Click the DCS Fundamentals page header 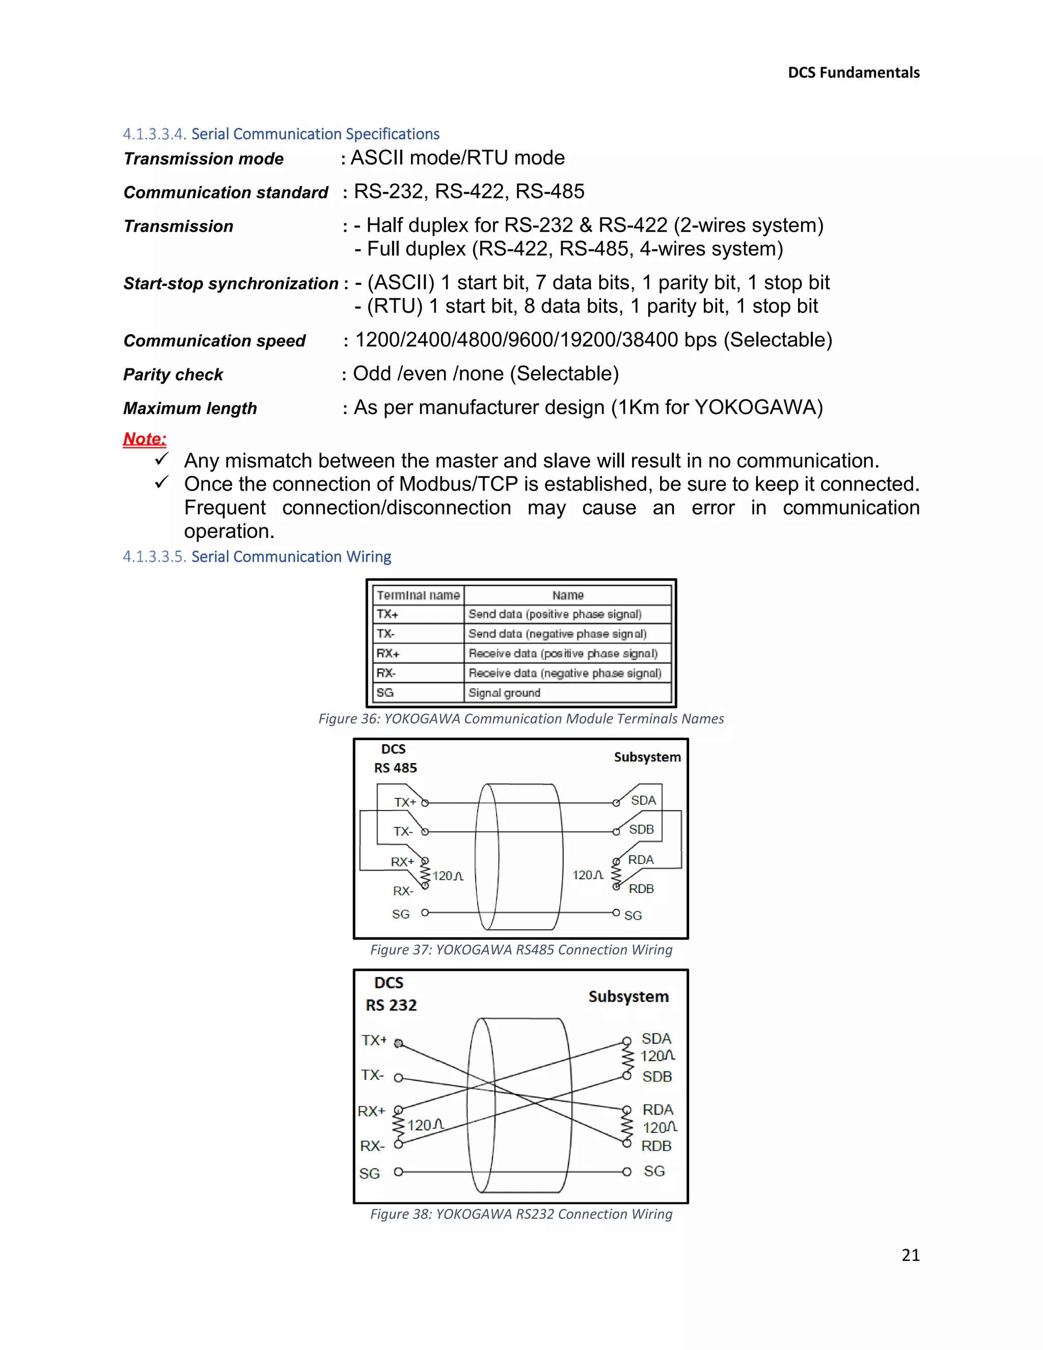coord(854,73)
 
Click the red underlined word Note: coord(145,439)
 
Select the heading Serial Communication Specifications coord(315,134)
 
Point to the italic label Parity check coord(173,374)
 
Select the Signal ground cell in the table coord(504,693)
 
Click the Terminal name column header coord(418,595)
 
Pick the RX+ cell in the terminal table coord(388,654)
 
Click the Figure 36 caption coord(521,719)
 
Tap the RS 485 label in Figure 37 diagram coord(395,768)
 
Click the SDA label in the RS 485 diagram coord(643,800)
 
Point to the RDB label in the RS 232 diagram coord(656,1146)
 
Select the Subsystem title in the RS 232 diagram coord(628,997)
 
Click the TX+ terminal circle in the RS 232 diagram coord(399,1043)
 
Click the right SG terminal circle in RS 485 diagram coord(616,912)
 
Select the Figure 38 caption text coord(521,1214)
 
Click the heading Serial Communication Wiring coord(291,557)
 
